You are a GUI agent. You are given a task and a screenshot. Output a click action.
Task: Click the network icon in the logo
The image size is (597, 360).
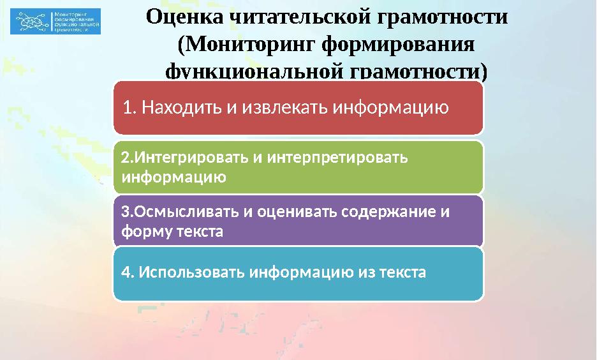(x=32, y=22)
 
